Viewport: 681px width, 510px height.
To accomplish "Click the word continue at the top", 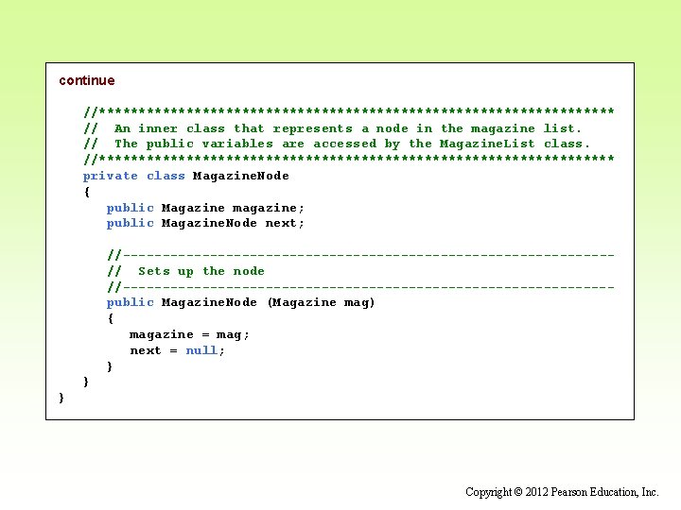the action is (86, 80).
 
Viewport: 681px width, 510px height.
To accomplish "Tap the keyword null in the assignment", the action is (201, 350).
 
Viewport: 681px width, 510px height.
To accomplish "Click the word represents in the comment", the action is (312, 128).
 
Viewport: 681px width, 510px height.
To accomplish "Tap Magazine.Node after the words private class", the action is (241, 176).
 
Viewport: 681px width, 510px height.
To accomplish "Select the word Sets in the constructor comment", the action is (154, 271).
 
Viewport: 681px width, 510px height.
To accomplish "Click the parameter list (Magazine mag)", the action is (322, 302).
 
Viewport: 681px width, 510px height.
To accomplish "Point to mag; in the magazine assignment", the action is (234, 334).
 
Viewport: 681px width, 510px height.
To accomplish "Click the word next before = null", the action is (146, 350).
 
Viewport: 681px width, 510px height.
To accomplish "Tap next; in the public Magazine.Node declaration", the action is (285, 223).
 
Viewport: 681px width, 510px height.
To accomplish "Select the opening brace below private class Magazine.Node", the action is (87, 192).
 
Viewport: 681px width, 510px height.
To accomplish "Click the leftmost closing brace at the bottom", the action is (61, 398).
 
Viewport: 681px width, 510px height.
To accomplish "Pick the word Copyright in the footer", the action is (488, 492).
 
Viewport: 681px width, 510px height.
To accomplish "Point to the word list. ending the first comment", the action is (563, 128).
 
